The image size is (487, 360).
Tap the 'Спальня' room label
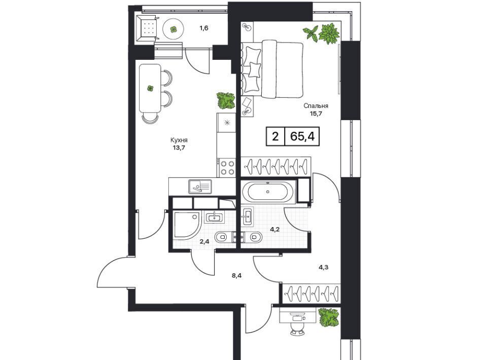coord(316,106)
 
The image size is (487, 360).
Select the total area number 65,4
coord(303,136)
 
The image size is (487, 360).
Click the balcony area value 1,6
coord(204,28)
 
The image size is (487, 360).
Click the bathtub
coord(267,193)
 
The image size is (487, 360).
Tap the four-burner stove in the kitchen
coord(226,167)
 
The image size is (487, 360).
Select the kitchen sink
coord(200,187)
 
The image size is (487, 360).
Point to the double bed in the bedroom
coord(273,69)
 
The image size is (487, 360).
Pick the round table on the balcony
coord(174,29)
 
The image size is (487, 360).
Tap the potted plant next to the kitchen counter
coord(226,100)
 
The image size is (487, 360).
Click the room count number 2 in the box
coord(275,136)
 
